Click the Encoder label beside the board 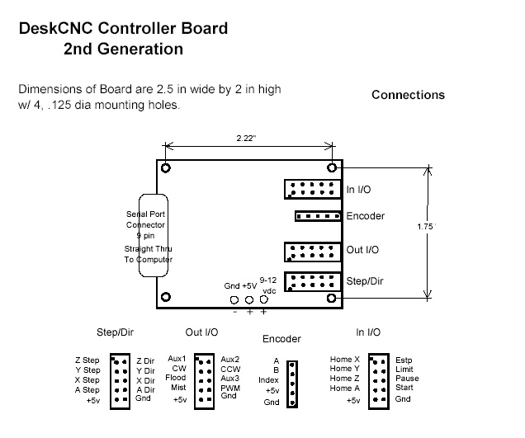pos(365,216)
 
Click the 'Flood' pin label pos(175,379)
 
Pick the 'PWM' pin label pos(230,388)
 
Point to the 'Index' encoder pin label pos(269,379)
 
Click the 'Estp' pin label pos(404,360)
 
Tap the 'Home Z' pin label pos(345,379)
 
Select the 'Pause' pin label pos(407,379)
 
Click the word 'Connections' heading pos(408,95)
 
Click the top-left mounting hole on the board pos(166,167)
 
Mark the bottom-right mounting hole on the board pos(332,298)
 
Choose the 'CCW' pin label pos(230,369)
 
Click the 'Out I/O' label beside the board pos(363,249)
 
